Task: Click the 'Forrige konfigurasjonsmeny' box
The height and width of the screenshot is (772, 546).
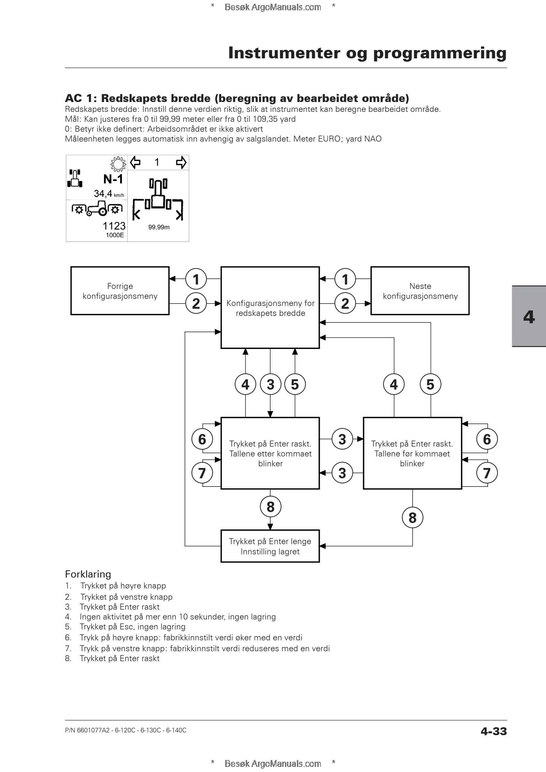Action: [x=120, y=291]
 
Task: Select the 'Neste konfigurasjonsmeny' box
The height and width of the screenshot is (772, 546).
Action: [x=420, y=291]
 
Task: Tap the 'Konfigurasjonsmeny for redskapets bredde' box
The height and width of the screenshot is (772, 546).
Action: [x=270, y=308]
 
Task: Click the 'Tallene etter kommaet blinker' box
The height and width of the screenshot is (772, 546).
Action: [x=270, y=453]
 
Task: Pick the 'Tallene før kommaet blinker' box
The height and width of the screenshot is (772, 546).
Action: [x=412, y=453]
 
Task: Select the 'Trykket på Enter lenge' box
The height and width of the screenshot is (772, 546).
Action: [x=270, y=546]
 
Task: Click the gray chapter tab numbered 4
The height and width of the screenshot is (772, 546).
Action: [x=529, y=316]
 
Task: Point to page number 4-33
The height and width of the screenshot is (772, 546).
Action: [x=493, y=731]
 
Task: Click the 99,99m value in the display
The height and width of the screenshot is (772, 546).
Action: [x=159, y=227]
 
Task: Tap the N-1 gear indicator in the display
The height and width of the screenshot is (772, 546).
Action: [x=113, y=179]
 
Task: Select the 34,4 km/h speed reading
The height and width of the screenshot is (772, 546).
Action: [x=109, y=194]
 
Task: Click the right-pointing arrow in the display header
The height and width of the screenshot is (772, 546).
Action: [x=181, y=162]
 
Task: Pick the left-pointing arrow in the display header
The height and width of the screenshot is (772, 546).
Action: [x=135, y=162]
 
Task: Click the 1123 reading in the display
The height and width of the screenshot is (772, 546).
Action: [x=114, y=226]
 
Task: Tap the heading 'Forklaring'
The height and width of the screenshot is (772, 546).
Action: [x=88, y=574]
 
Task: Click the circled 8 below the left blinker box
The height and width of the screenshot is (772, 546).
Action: [x=271, y=507]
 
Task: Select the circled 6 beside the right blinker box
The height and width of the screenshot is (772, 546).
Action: [x=487, y=439]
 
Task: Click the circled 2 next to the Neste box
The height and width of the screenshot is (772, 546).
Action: [x=345, y=303]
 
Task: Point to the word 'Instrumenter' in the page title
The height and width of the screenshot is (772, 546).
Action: [x=284, y=53]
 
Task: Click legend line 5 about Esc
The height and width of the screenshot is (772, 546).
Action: [x=125, y=627]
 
